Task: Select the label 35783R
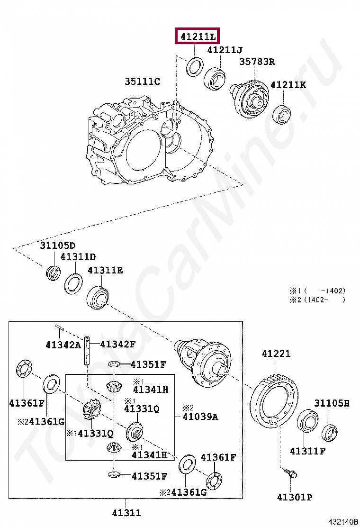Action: (257, 62)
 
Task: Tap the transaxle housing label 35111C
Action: (142, 82)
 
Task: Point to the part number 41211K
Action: (288, 85)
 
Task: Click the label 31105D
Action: (57, 245)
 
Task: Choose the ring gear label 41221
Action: (276, 354)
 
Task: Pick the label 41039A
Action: (200, 417)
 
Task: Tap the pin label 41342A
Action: (63, 345)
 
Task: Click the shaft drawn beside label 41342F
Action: (88, 350)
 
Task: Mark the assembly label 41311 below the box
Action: (126, 512)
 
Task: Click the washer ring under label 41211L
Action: (194, 66)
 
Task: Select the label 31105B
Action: (332, 403)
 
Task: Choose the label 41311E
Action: (105, 270)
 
